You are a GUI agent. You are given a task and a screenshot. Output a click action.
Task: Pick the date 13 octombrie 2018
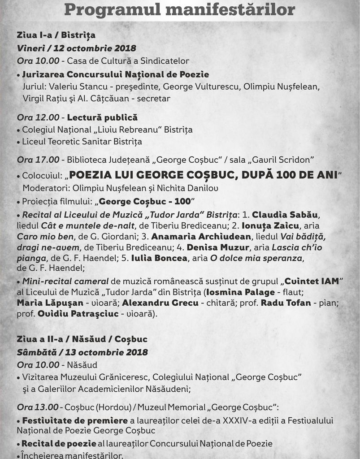coord(106,352)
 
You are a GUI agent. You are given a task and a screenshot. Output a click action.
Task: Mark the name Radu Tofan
coord(287,303)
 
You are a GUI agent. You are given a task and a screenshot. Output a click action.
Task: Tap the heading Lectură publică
coord(102,117)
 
